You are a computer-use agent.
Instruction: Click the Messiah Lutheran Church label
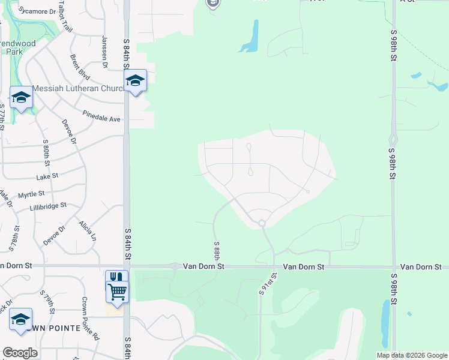[78, 88]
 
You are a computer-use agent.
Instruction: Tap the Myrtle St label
[31, 194]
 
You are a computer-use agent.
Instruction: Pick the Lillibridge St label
[48, 207]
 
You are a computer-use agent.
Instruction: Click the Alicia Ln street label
[86, 230]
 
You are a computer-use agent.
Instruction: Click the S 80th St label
[46, 154]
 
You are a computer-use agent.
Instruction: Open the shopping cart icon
[118, 292]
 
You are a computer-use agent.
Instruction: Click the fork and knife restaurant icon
[116, 277]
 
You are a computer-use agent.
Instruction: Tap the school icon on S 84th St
[135, 81]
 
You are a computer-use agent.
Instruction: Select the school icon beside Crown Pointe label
[20, 319]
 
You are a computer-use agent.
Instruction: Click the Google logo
[20, 353]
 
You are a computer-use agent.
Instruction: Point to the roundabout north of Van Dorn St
[262, 224]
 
